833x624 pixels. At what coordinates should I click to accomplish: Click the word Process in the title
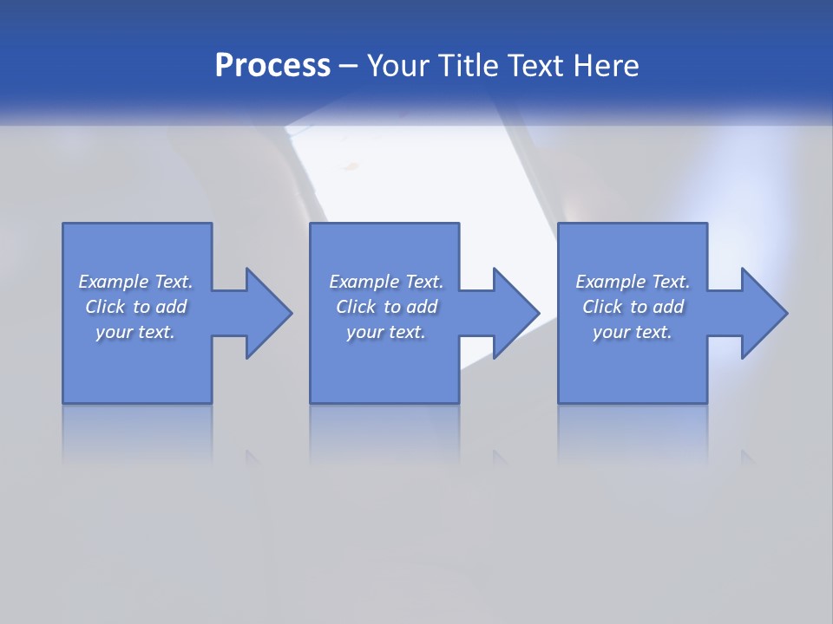click(272, 66)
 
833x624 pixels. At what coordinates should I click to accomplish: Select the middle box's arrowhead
click(515, 313)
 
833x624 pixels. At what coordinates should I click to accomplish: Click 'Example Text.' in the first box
click(135, 282)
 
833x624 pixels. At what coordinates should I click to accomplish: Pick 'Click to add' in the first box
click(135, 307)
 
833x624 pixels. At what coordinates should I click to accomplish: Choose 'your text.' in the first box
click(135, 332)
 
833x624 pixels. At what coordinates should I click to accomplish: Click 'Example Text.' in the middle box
click(386, 282)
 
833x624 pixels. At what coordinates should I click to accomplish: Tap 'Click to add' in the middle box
click(386, 307)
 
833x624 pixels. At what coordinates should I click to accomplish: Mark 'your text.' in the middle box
click(386, 332)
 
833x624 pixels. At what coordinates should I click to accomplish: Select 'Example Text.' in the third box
click(633, 282)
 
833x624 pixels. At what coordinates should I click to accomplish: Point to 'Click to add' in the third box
click(633, 307)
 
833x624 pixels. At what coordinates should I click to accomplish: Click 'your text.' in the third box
click(633, 332)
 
